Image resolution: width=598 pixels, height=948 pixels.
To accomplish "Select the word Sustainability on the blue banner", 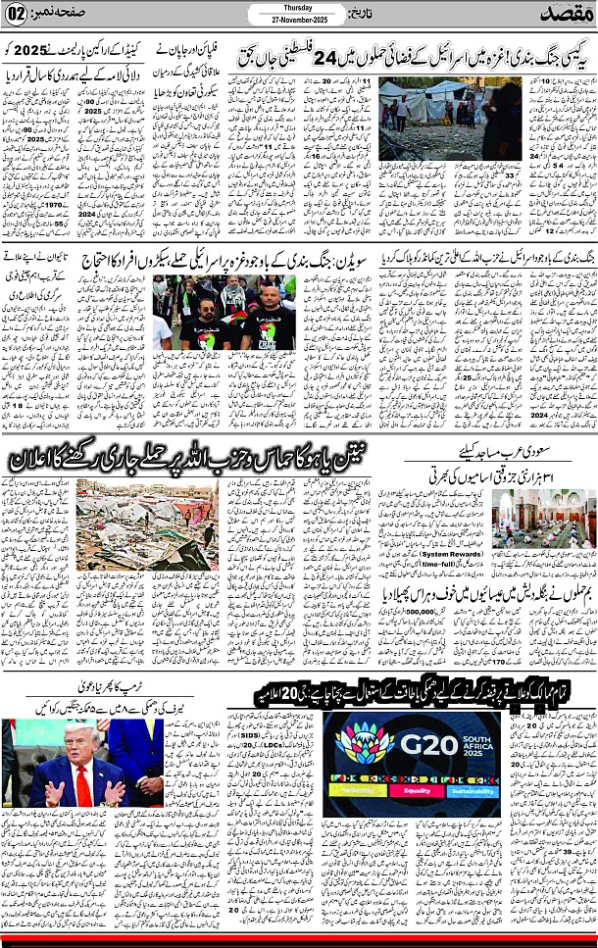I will click(472, 790).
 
